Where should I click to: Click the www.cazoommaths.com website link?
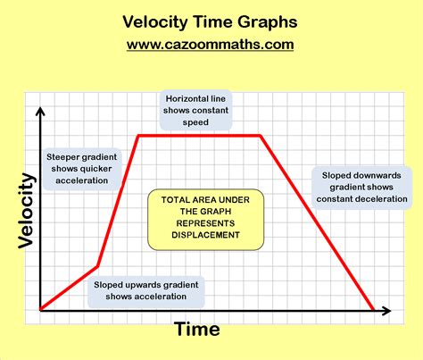point(211,44)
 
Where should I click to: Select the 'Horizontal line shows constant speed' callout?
point(198,111)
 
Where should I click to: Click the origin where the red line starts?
point(41,311)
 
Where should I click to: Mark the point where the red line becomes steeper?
point(97,266)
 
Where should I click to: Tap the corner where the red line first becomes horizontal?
point(138,136)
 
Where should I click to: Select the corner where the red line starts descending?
point(261,136)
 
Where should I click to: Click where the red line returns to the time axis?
point(373,311)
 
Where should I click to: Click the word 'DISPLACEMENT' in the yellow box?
point(194,235)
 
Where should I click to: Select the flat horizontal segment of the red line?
point(199,136)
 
